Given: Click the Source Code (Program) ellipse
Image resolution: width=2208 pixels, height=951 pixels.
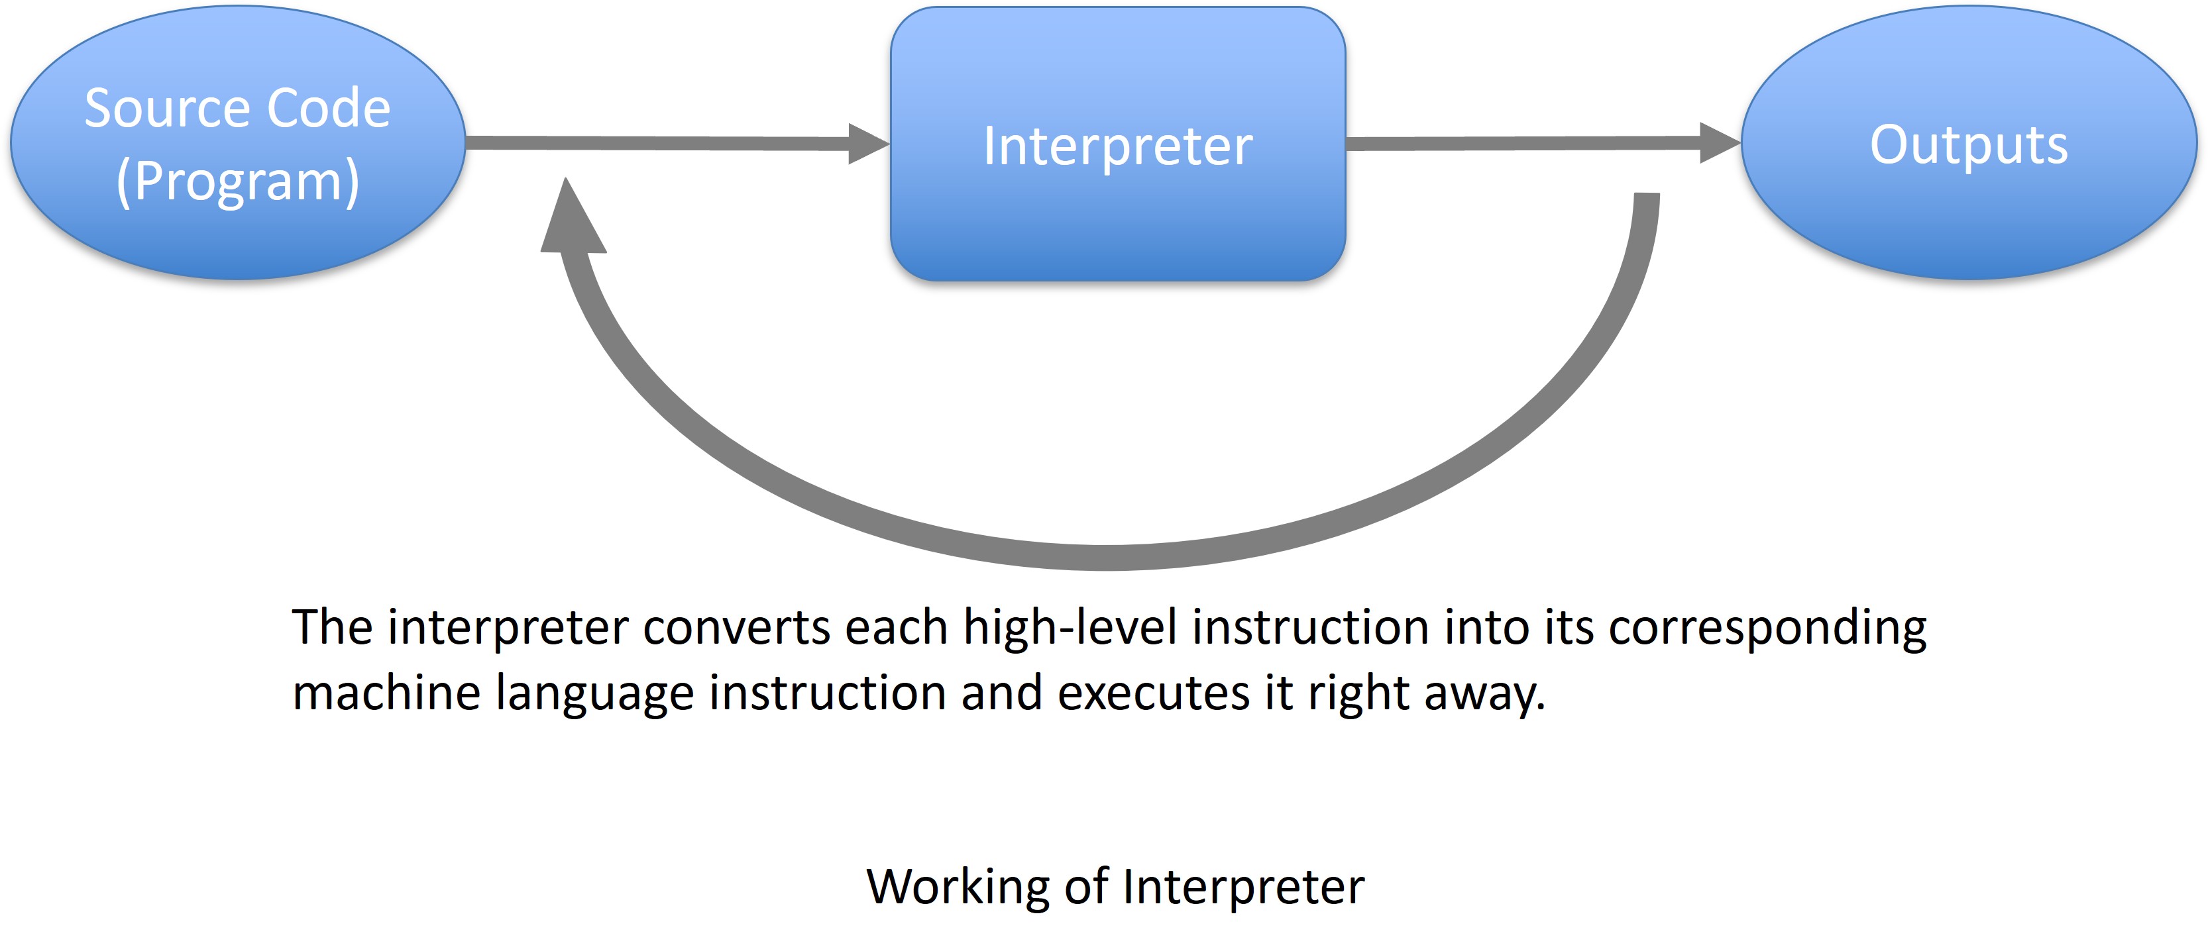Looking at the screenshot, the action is point(237,142).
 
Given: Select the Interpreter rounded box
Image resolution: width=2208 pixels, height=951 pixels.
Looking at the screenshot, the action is point(1118,143).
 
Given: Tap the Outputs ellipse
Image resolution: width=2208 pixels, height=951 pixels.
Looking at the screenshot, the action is point(1969,142).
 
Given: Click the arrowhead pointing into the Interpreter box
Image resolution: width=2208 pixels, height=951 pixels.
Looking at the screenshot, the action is point(868,143).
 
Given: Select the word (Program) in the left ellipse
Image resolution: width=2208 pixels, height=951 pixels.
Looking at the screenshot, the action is point(237,181).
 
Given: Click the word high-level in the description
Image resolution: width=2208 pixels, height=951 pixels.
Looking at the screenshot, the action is point(1071,627).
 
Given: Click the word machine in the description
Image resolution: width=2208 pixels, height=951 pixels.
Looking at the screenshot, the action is point(386,692).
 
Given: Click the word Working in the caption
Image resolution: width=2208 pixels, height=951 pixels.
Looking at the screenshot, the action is point(958,887).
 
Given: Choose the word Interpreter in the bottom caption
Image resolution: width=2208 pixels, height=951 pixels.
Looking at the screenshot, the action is point(1244,887).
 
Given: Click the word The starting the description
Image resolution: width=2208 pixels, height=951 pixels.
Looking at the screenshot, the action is point(333,627).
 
